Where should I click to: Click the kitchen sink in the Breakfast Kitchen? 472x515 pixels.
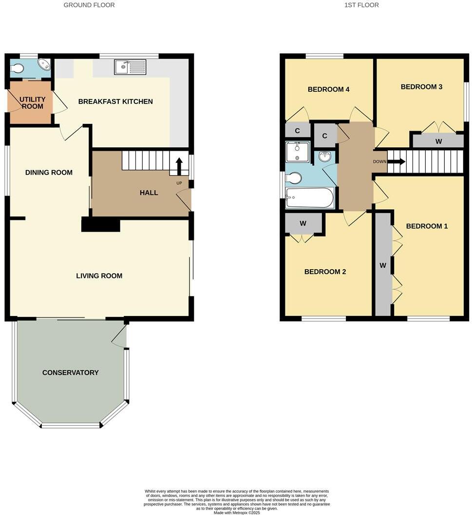tap(130, 67)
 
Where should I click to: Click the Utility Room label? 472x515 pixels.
tap(33, 102)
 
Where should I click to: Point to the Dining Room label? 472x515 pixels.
tap(49, 172)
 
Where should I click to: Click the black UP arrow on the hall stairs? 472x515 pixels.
tap(179, 166)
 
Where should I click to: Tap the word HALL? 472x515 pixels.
tap(149, 193)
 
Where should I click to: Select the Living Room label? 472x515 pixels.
tap(99, 276)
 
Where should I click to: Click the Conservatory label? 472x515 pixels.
tap(70, 373)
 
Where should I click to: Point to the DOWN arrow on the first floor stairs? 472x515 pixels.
tap(396, 161)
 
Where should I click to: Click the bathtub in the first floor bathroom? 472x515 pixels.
tap(310, 198)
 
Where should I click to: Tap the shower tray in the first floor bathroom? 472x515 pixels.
tap(297, 152)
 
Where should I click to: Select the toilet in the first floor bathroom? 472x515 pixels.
tap(294, 178)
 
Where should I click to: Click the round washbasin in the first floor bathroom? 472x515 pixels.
tap(325, 157)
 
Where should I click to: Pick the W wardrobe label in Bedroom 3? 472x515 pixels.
tap(438, 141)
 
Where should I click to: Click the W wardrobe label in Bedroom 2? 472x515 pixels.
tap(303, 223)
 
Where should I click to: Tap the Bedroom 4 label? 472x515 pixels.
tap(328, 89)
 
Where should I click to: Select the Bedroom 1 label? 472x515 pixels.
tap(427, 226)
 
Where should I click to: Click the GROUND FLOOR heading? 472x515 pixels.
tap(89, 5)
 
